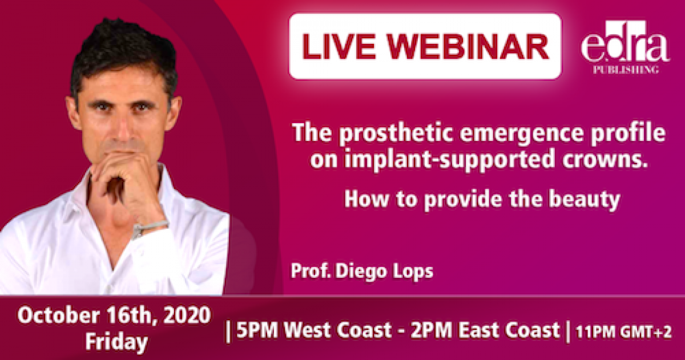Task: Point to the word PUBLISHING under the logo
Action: click(626, 70)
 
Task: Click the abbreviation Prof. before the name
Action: click(311, 270)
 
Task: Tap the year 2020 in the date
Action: click(187, 315)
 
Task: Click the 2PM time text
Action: click(430, 330)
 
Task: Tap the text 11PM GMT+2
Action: click(623, 332)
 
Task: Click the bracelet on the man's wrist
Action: click(150, 228)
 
